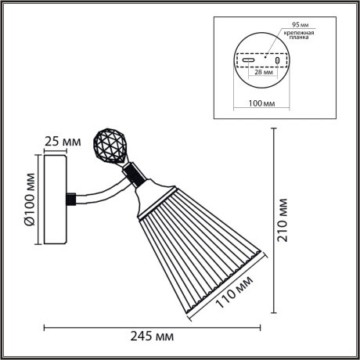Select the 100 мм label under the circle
[260, 102]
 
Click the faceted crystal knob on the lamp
[109, 146]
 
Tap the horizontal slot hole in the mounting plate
[248, 59]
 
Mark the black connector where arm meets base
[72, 199]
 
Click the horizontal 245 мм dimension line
[157, 326]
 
